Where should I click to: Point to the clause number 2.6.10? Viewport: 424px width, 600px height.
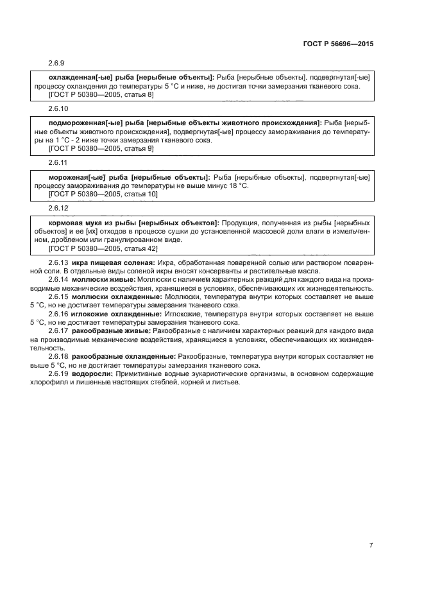pyautogui.click(x=58, y=109)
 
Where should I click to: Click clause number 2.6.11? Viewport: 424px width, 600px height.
pyautogui.click(x=58, y=163)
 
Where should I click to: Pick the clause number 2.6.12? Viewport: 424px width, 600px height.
pyautogui.click(x=58, y=207)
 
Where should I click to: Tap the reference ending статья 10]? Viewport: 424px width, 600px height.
pyautogui.click(x=103, y=194)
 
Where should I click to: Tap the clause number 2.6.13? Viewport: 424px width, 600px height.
pyautogui.click(x=58, y=263)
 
